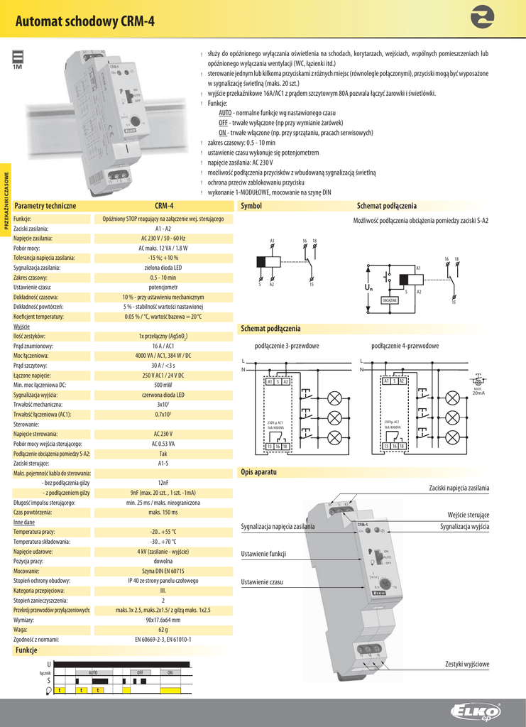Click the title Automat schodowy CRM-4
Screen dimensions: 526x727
84,21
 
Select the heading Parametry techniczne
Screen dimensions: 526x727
45,205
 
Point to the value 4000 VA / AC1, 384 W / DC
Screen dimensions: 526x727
163,355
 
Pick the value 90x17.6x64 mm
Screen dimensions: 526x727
163,619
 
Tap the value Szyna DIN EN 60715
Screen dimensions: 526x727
163,570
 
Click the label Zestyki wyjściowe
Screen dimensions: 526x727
466,664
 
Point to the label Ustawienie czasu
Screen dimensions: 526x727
262,582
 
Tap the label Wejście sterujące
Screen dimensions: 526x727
468,514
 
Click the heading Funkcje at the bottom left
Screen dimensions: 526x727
26,650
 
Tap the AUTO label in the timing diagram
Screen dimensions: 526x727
93,672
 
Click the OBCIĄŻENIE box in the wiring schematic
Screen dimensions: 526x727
389,300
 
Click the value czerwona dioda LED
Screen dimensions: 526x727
163,394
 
